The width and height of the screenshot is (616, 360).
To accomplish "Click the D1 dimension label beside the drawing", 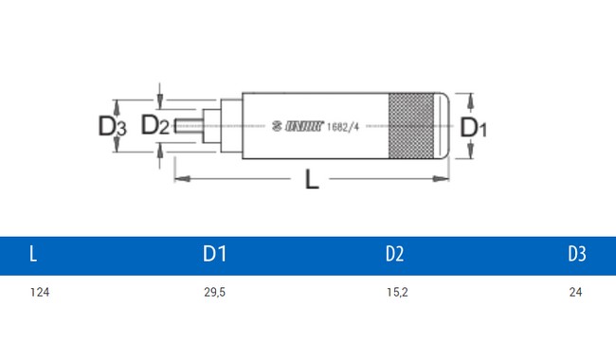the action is tap(474, 127).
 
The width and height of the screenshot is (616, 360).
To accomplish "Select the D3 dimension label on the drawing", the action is tap(112, 126).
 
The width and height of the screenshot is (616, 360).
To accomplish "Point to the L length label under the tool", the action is tap(312, 179).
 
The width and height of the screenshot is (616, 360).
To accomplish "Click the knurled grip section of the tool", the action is tap(411, 126).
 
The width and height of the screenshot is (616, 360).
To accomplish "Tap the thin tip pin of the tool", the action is tap(189, 126).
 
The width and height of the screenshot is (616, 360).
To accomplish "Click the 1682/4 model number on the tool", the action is tap(343, 126).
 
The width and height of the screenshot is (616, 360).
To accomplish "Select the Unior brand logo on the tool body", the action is tap(298, 126).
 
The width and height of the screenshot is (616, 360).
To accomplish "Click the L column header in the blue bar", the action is tap(33, 254).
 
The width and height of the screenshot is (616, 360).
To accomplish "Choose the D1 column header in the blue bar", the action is tap(214, 254).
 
